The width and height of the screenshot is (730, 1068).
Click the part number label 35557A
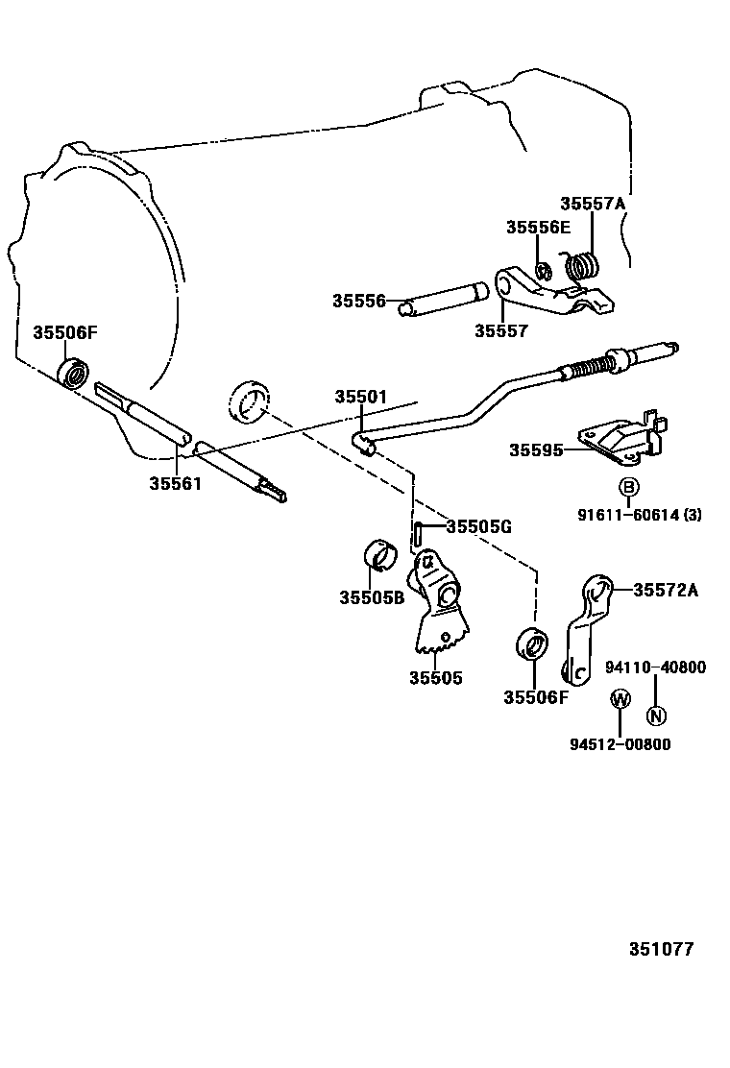(592, 204)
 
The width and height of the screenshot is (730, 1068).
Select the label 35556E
(538, 227)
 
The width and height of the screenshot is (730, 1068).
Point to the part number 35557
(500, 330)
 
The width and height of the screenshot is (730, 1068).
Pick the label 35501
(360, 397)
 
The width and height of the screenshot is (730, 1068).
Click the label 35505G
(478, 526)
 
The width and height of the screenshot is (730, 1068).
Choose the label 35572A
(665, 590)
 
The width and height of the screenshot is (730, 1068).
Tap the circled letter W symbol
(620, 699)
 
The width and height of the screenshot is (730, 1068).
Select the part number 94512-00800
(620, 744)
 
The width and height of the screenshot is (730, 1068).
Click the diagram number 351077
(661, 949)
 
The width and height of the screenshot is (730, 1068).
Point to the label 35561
(175, 483)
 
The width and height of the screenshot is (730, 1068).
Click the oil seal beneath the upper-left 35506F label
(74, 371)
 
